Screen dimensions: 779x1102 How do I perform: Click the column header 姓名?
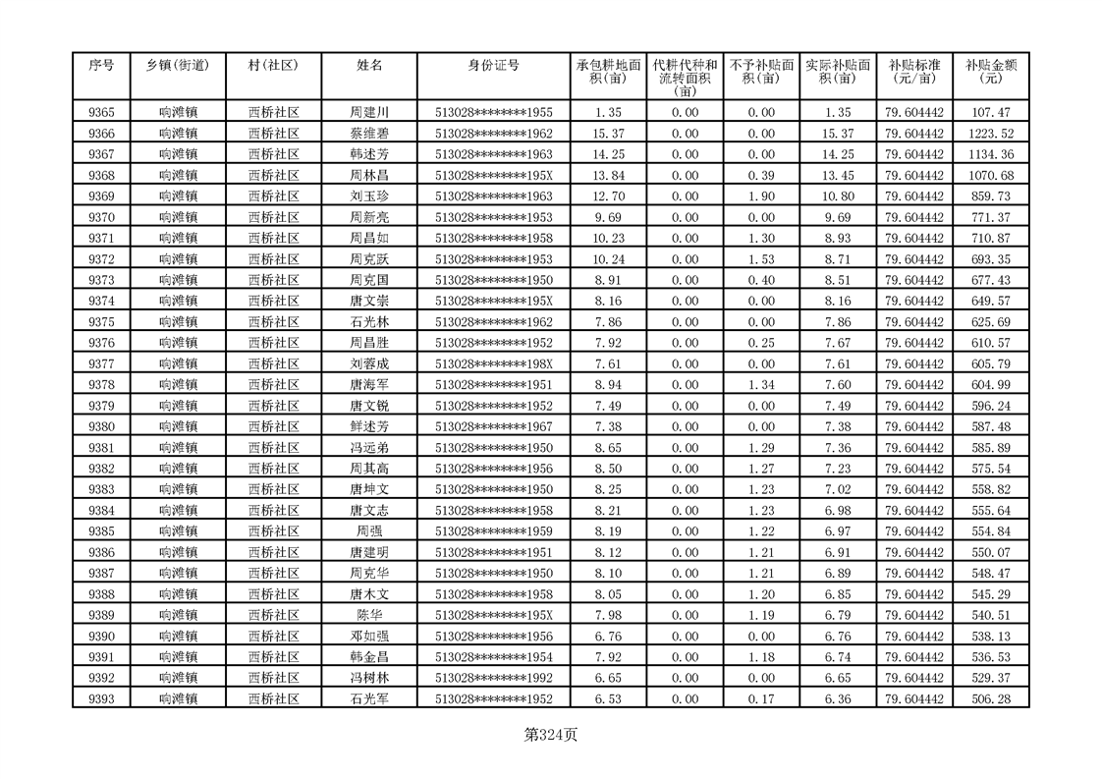(x=369, y=66)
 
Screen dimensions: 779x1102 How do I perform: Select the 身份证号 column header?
(x=493, y=66)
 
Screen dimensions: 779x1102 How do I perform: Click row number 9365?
(x=101, y=113)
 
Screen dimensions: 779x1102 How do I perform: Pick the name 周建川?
(x=369, y=113)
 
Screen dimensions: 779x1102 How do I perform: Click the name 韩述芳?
(x=369, y=154)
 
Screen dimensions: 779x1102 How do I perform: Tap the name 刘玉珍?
(x=369, y=196)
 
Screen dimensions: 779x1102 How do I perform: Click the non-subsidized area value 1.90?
(x=761, y=196)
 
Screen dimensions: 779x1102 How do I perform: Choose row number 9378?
(x=101, y=385)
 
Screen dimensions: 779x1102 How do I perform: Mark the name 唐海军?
(x=369, y=385)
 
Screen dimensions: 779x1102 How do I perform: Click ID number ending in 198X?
(x=493, y=363)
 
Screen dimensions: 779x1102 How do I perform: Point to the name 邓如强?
(x=369, y=637)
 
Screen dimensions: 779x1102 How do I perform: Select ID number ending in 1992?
(x=493, y=678)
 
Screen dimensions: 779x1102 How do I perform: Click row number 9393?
(x=101, y=699)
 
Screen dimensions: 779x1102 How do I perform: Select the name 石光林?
(x=369, y=322)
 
